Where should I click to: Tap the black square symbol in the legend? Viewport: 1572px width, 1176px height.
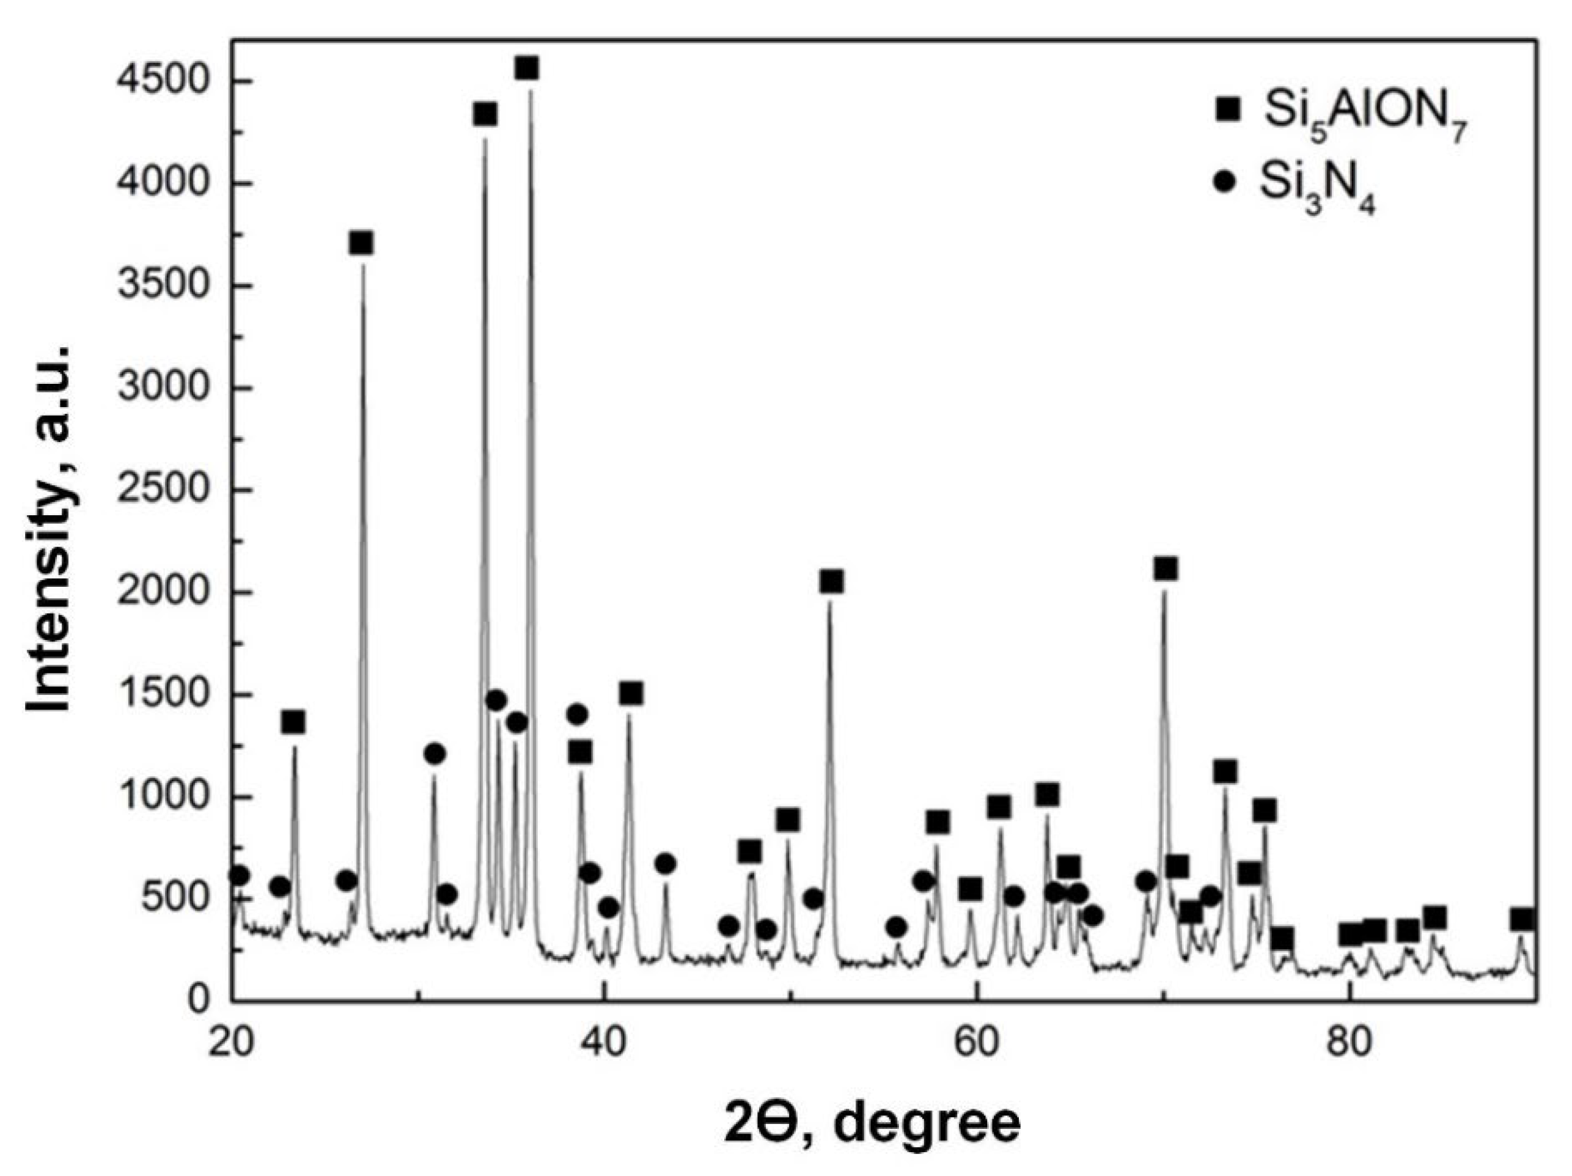(1225, 109)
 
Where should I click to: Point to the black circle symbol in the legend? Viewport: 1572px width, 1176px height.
(1224, 183)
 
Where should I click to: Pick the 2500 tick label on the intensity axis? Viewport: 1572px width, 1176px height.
(166, 490)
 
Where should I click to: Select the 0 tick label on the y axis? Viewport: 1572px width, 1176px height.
(201, 1001)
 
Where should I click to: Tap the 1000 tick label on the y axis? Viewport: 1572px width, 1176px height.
(166, 796)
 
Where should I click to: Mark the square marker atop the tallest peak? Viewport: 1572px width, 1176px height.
(527, 68)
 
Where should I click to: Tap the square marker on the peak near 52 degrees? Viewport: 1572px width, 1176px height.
(831, 581)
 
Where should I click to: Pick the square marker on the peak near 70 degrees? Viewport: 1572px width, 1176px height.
(1166, 568)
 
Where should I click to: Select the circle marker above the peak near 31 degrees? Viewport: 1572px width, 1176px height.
(435, 754)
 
